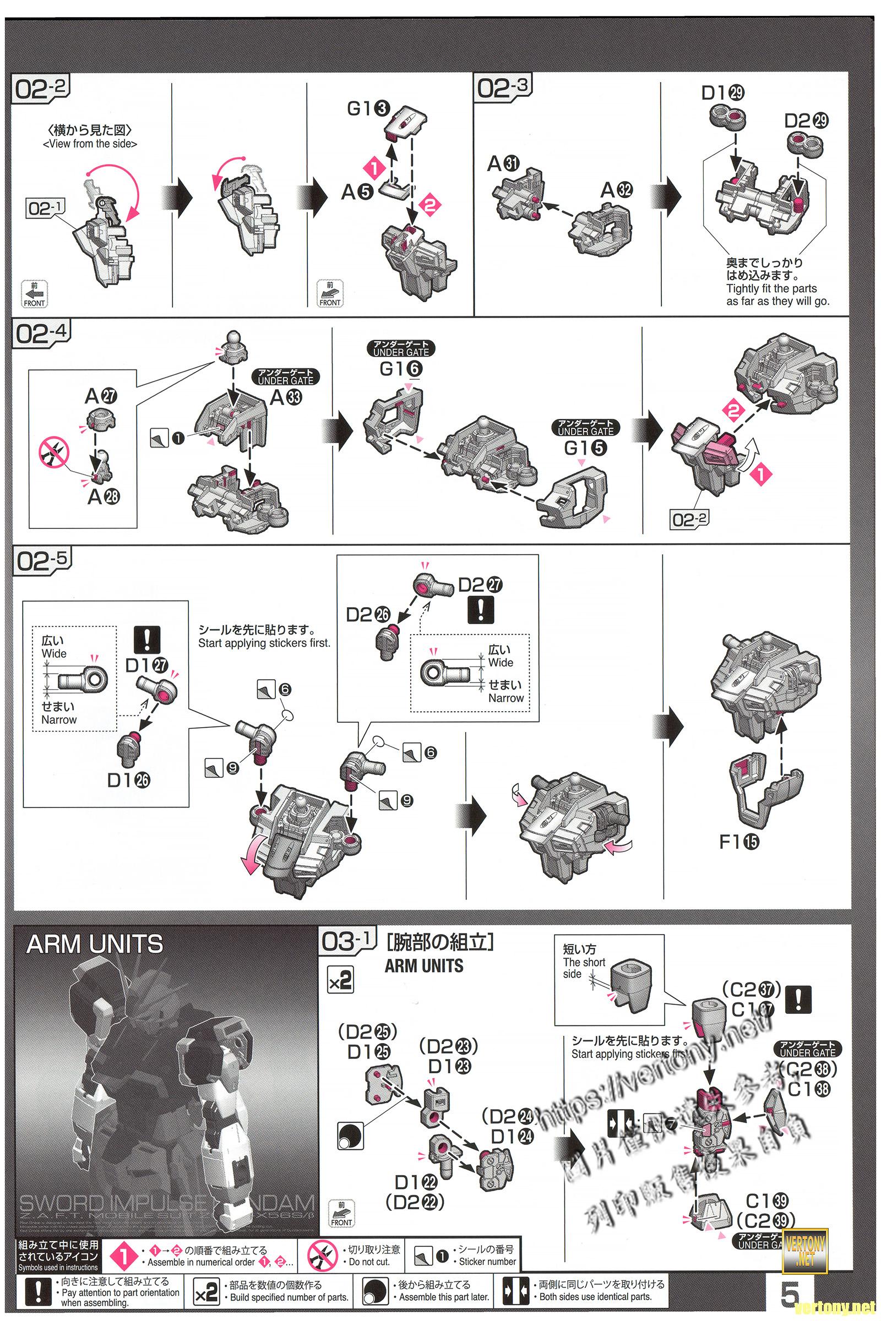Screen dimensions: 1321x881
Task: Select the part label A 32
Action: click(x=616, y=190)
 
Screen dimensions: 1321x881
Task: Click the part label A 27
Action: click(x=101, y=396)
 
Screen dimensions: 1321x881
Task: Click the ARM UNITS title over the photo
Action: click(x=94, y=944)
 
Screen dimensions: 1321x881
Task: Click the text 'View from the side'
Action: click(x=90, y=144)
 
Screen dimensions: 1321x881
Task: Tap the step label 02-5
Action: click(x=42, y=561)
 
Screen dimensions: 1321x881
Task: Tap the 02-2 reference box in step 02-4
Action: click(x=690, y=519)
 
